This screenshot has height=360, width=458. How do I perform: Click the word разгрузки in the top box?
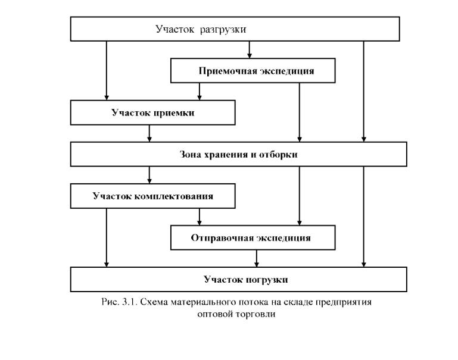pyautogui.click(x=223, y=30)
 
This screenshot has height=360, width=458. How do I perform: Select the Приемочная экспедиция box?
pyautogui.click(x=253, y=71)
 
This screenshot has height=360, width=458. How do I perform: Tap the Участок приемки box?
pyautogui.click(x=152, y=112)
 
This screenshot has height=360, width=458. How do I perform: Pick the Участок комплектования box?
pyautogui.click(x=152, y=196)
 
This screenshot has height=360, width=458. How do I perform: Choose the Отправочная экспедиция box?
pyautogui.click(x=253, y=237)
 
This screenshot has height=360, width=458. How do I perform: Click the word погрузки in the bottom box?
pyautogui.click(x=266, y=280)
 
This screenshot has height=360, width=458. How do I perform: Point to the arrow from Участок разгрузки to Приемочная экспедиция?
pyautogui.click(x=250, y=49)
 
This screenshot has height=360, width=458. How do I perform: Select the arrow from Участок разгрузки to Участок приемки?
pyautogui.click(x=107, y=71)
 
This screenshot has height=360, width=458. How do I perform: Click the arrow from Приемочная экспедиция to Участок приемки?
pyautogui.click(x=200, y=92)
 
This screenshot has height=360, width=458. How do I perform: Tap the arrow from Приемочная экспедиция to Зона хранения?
pyautogui.click(x=300, y=112)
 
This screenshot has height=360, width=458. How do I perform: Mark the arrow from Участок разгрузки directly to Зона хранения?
pyautogui.click(x=364, y=91)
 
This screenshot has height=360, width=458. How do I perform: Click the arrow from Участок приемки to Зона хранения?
pyautogui.click(x=149, y=134)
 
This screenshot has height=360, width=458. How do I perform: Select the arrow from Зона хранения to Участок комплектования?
pyautogui.click(x=149, y=175)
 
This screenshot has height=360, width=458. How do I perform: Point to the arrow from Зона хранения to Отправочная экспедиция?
pyautogui.click(x=300, y=196)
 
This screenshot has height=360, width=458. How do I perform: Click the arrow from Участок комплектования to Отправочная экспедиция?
pyautogui.click(x=200, y=217)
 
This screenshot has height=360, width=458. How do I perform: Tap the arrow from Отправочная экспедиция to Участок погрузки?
pyautogui.click(x=257, y=258)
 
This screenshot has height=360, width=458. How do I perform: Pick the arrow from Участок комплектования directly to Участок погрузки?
pyautogui.click(x=107, y=238)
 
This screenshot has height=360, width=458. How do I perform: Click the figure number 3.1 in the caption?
pyautogui.click(x=130, y=302)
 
